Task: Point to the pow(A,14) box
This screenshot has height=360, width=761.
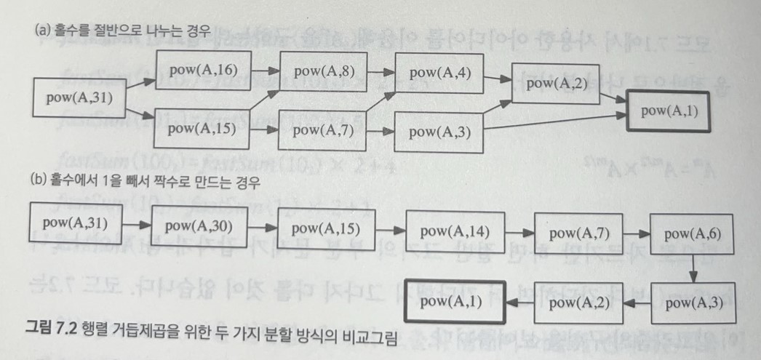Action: [x=455, y=233]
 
